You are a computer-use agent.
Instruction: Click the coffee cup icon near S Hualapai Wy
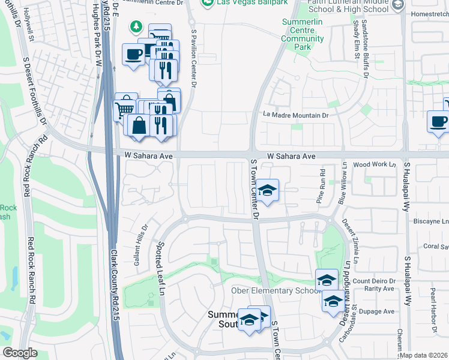(x=438, y=122)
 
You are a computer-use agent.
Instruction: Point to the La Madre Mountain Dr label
(x=297, y=115)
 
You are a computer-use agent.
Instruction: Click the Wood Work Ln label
(x=375, y=164)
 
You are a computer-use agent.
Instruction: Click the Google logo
(x=20, y=353)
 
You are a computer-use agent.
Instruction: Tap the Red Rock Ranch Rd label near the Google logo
(x=31, y=270)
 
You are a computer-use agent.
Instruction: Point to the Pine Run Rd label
(x=322, y=193)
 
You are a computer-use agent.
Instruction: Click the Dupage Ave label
(x=381, y=311)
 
